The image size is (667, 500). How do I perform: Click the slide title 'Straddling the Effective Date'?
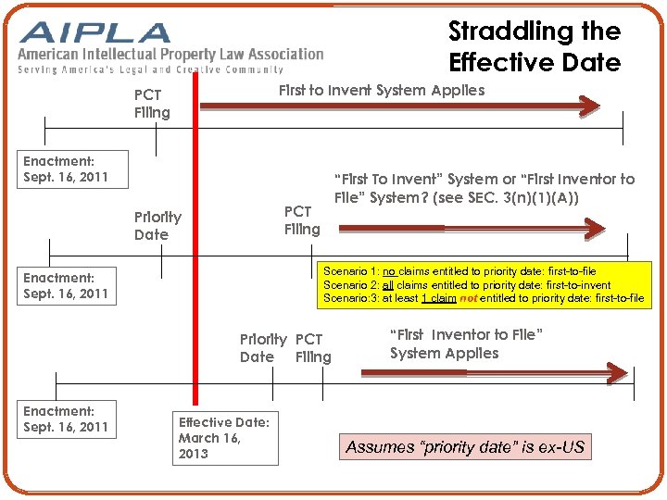(535, 46)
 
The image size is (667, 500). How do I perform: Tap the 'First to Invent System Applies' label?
(381, 90)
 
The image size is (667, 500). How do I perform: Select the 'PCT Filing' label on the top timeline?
(152, 104)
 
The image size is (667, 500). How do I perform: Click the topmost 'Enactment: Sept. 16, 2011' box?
(66, 169)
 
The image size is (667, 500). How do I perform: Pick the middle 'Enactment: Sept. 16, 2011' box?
(66, 285)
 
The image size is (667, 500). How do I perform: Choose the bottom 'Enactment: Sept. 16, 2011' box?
(66, 419)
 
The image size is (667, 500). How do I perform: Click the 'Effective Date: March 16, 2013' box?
(222, 437)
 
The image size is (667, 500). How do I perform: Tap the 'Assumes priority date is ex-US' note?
(465, 447)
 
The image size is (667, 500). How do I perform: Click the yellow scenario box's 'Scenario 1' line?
(459, 271)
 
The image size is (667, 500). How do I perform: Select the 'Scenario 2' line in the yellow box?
(467, 284)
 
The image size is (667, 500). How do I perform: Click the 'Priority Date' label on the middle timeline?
(157, 226)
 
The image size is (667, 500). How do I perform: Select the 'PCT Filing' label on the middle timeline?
(302, 219)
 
